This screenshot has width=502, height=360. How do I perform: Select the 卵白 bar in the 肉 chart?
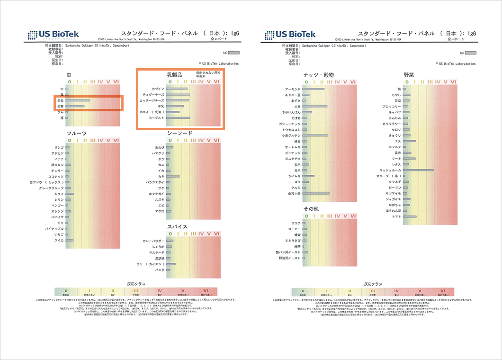pyautogui.click(x=78, y=100)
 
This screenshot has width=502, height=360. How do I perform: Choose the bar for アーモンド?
pyautogui.click(x=314, y=89)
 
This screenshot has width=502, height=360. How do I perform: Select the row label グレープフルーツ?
pyautogui.click(x=52, y=188)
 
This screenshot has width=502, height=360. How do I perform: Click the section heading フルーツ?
pyautogui.click(x=76, y=133)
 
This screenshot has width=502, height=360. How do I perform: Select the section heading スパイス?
pyautogui.click(x=177, y=227)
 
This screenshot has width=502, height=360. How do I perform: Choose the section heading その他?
pyautogui.click(x=311, y=209)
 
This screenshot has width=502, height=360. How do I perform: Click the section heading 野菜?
pyautogui.click(x=409, y=75)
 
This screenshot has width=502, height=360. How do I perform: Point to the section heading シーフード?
pyautogui.click(x=180, y=133)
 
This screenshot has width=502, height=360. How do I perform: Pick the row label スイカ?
pyautogui.click(x=59, y=240)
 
